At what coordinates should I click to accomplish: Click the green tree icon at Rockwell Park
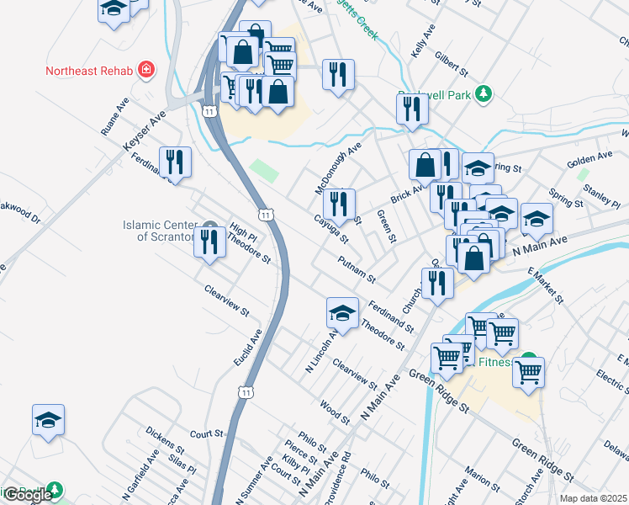point(483,95)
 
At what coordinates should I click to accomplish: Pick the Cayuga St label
point(331,228)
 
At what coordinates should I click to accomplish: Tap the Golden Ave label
point(589,157)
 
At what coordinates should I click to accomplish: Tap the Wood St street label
point(335,411)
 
